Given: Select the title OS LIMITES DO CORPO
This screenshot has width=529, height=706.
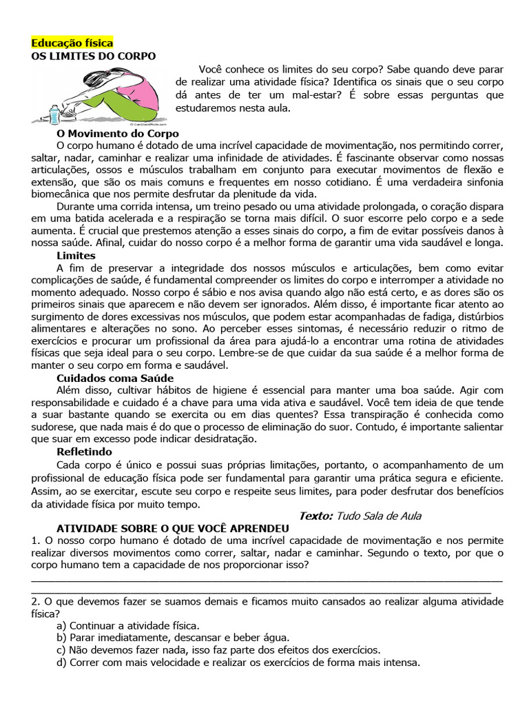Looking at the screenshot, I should pos(94,56).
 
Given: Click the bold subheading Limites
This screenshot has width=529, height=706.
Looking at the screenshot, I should pos(76,256).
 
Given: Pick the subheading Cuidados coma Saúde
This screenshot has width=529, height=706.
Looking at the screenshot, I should pos(115,378).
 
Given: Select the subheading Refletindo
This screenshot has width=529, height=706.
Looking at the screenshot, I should pos(85,452).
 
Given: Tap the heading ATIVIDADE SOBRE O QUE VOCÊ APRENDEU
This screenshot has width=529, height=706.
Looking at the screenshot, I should pos(172,528).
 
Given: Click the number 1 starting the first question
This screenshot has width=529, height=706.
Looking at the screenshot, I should pos(34,541).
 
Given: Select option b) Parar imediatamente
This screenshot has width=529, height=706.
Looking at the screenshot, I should pos(174,638).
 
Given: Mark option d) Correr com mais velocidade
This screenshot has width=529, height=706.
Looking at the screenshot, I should pos(239,663).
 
